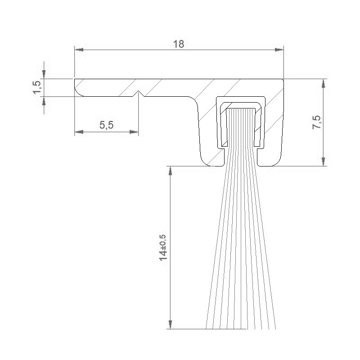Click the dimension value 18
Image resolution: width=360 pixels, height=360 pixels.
[x=179, y=44]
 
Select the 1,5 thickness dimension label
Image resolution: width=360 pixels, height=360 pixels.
[x=37, y=87]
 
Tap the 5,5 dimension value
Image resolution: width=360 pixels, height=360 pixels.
[x=106, y=126]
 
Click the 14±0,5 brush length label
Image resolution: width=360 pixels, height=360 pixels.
[x=163, y=247]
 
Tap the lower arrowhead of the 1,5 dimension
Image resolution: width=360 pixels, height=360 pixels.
[x=44, y=101]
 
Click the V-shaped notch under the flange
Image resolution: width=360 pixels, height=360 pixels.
[x=140, y=94]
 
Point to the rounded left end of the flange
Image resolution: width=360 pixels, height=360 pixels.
[x=77, y=88]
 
